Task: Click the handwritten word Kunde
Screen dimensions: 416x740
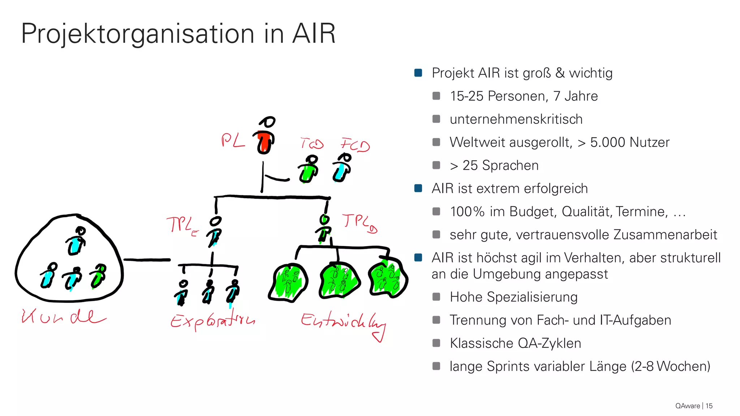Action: click(63, 317)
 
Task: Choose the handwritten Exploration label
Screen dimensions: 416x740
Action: click(212, 319)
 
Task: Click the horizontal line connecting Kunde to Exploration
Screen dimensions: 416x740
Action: click(147, 260)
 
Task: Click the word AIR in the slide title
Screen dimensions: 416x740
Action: click(314, 34)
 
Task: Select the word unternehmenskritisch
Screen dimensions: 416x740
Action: click(516, 119)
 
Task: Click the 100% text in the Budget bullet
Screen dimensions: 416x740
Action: click(467, 212)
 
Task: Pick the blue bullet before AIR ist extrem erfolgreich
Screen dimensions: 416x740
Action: click(418, 188)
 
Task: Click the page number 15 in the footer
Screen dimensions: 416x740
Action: click(709, 406)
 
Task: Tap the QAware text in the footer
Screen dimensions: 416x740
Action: click(687, 406)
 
